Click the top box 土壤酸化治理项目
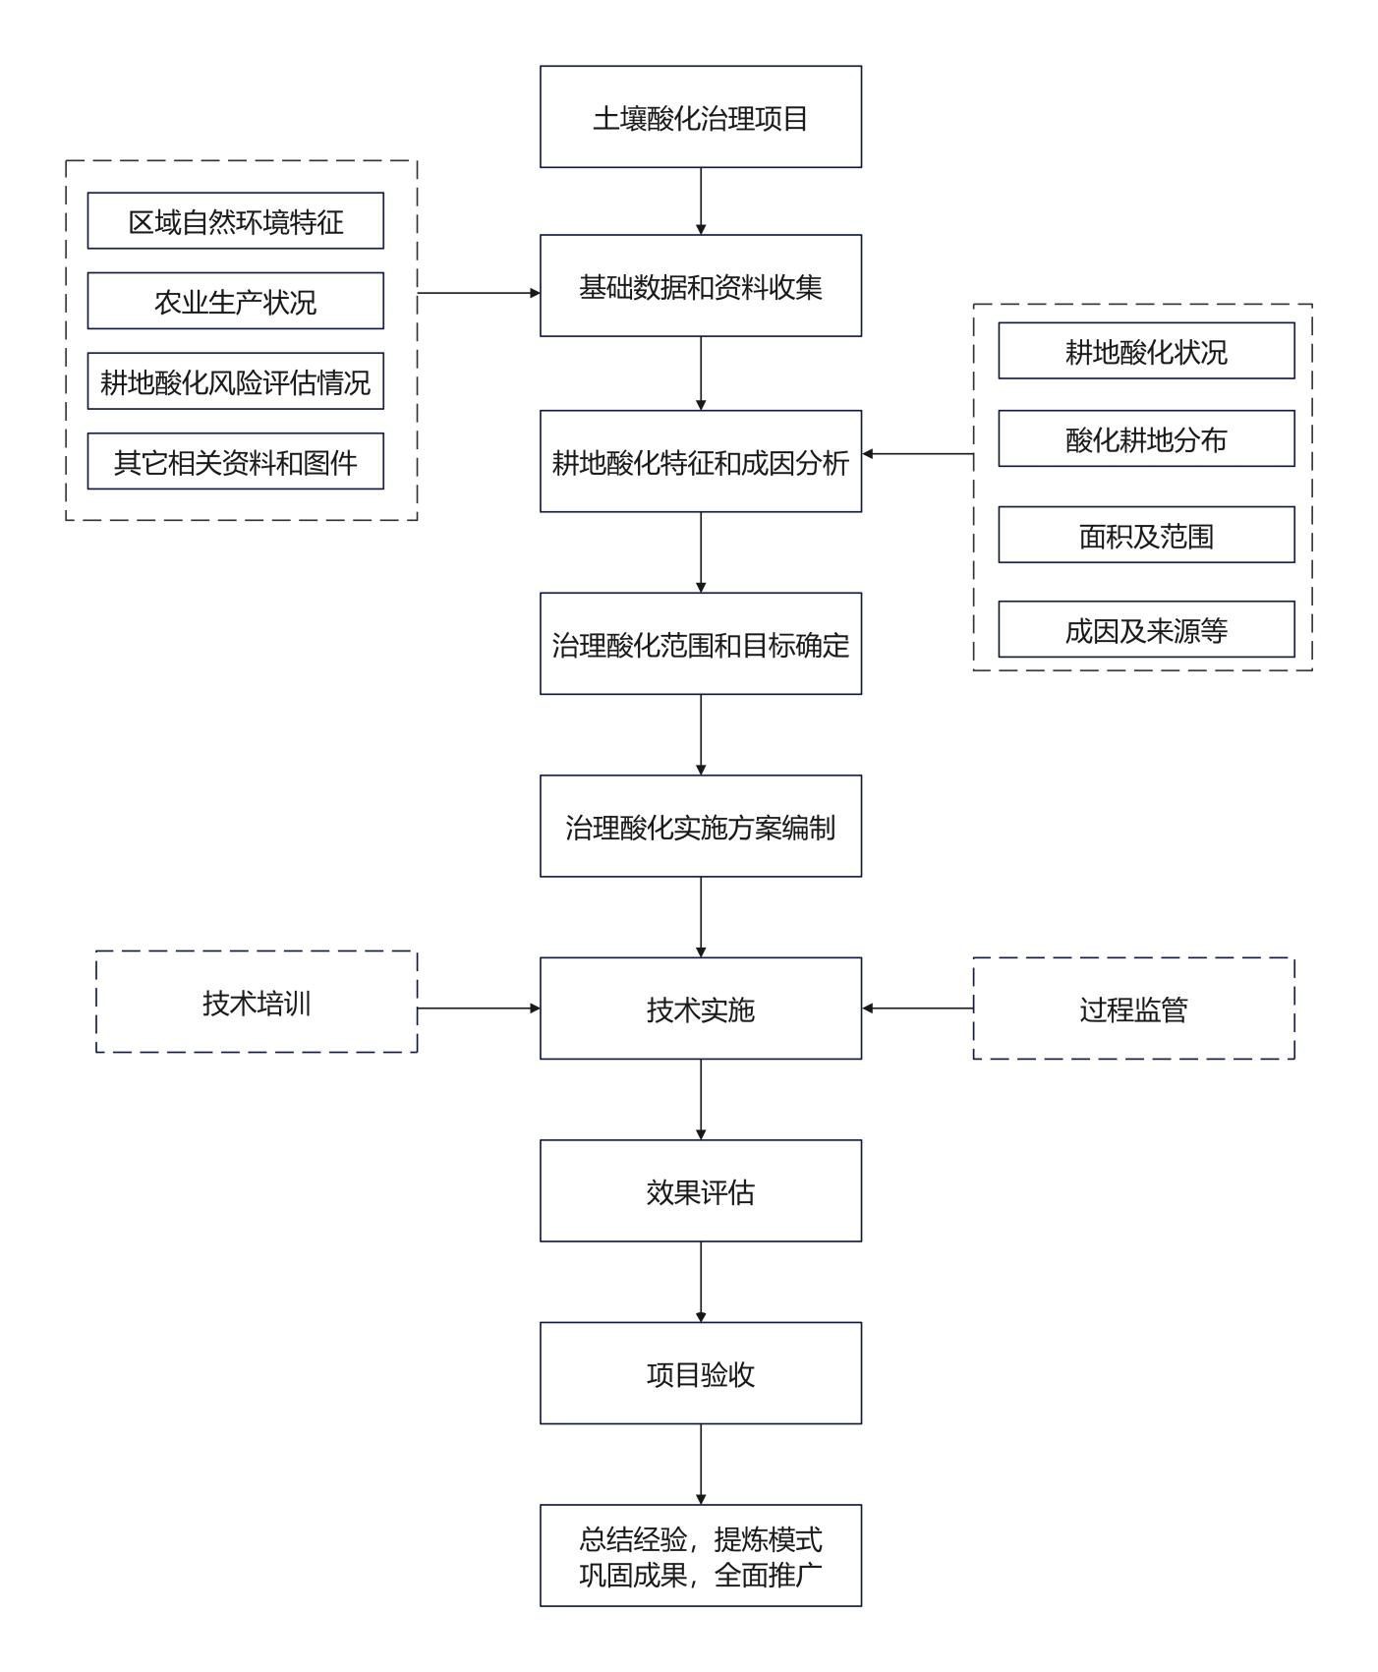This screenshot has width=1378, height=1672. coord(701,117)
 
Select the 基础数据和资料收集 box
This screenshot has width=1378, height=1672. coord(701,286)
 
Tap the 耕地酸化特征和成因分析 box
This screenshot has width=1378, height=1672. coord(701,461)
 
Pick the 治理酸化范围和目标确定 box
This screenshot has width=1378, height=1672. coord(701,644)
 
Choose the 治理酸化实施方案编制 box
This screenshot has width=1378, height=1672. coord(701,826)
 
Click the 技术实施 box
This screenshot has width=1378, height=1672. coord(701,1009)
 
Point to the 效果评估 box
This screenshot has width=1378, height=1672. coord(701,1190)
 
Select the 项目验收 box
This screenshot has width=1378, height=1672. coord(701,1373)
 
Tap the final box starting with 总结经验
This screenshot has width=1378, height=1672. coord(701,1555)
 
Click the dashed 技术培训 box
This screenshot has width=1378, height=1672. coord(257,1002)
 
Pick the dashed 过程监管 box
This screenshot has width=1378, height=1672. coord(1133,1009)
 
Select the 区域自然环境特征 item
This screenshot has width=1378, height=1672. coord(236,221)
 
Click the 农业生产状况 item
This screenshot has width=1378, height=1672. coord(236,301)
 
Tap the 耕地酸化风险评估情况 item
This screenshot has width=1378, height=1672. coord(236,381)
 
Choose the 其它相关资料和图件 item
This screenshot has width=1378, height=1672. coord(236,461)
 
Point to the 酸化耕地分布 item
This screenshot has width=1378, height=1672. coord(1146,438)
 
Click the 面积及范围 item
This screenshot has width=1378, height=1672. coord(1146,535)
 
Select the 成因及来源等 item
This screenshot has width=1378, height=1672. coord(1146,629)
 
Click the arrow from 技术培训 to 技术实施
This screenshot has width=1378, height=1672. coord(479,1009)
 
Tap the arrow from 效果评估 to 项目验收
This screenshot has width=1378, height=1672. coord(701,1282)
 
